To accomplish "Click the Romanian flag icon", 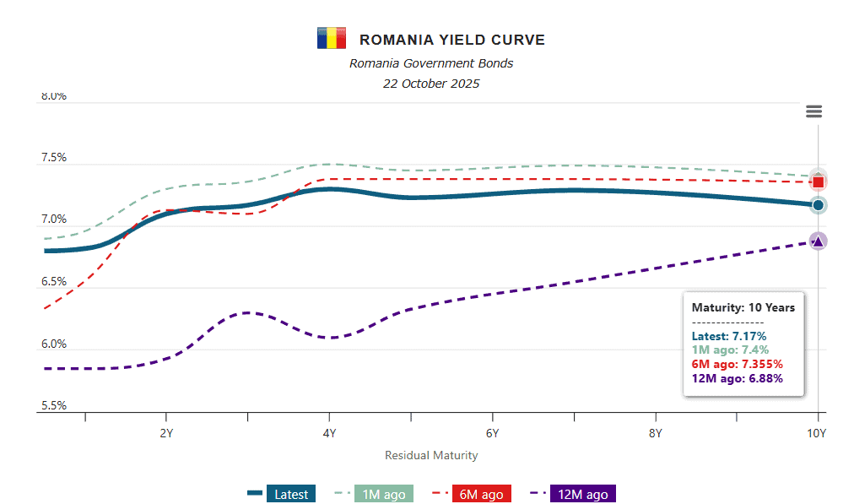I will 331,39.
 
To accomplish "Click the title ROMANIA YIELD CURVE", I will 451,40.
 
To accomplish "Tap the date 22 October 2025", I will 431,84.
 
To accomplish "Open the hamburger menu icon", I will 813,111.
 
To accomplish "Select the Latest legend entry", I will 282,494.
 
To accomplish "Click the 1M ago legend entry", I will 373,494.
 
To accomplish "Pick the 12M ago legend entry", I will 573,494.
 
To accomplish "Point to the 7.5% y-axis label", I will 53,158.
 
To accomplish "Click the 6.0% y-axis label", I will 53,344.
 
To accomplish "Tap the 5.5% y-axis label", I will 53,406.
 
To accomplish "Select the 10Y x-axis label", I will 816,434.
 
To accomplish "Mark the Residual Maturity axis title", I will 431,455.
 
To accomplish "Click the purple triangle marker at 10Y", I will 818,241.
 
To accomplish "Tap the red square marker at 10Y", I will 818,182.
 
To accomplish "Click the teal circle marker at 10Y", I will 818,205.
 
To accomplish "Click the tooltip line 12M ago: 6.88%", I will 737,378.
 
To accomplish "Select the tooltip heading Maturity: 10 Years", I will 743,307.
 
